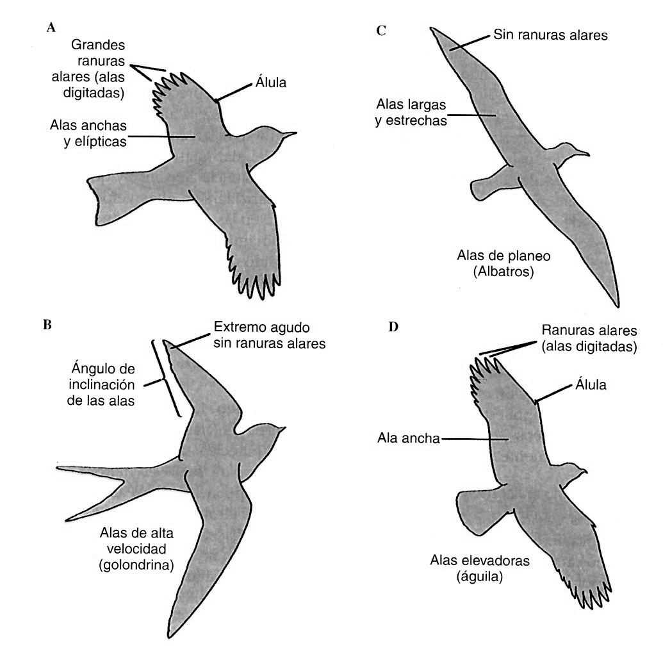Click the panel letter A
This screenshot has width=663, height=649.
pyautogui.click(x=51, y=28)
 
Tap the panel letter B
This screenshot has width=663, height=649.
pyautogui.click(x=47, y=324)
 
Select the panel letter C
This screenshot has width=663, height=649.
pyautogui.click(x=381, y=30)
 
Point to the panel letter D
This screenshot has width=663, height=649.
pyautogui.click(x=393, y=327)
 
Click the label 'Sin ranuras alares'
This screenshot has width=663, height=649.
pyautogui.click(x=550, y=36)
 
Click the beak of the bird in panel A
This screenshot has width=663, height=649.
pyautogui.click(x=292, y=133)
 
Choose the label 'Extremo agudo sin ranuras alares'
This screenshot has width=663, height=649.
pyautogui.click(x=269, y=336)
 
